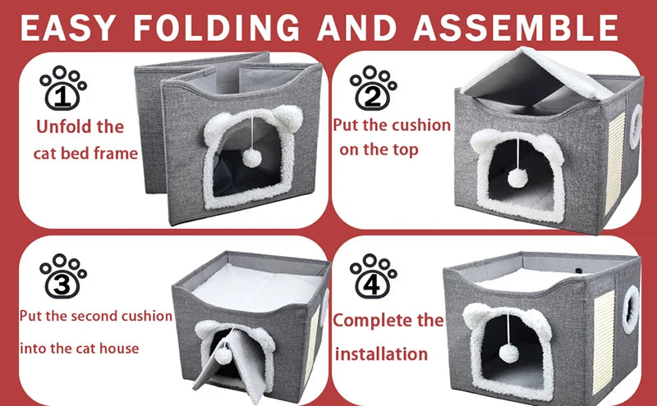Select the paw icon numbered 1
pyautogui.click(x=63, y=90)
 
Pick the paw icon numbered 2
pyautogui.click(x=374, y=88)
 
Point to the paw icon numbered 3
pyautogui.click(x=63, y=276)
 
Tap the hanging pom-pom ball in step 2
pyautogui.click(x=517, y=178)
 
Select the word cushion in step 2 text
pyautogui.click(x=420, y=125)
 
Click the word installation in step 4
pyautogui.click(x=381, y=354)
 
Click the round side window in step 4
pyautogui.click(x=631, y=309)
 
